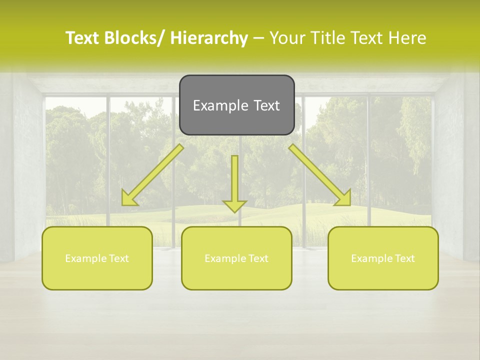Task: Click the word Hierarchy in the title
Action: (x=209, y=38)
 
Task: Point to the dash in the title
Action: (x=258, y=38)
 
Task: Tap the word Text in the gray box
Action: (x=265, y=105)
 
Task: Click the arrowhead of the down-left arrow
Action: (x=128, y=199)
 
